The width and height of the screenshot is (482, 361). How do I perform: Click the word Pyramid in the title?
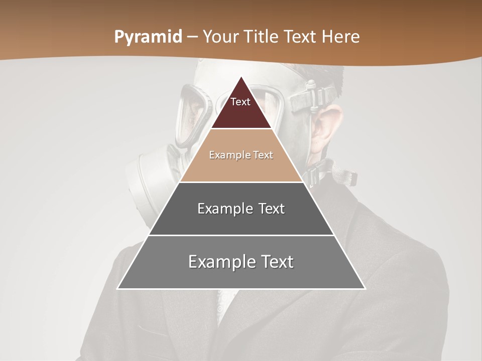point(148,37)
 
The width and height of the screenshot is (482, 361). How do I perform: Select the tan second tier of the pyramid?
point(241,168)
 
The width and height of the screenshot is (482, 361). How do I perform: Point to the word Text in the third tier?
point(271,209)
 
